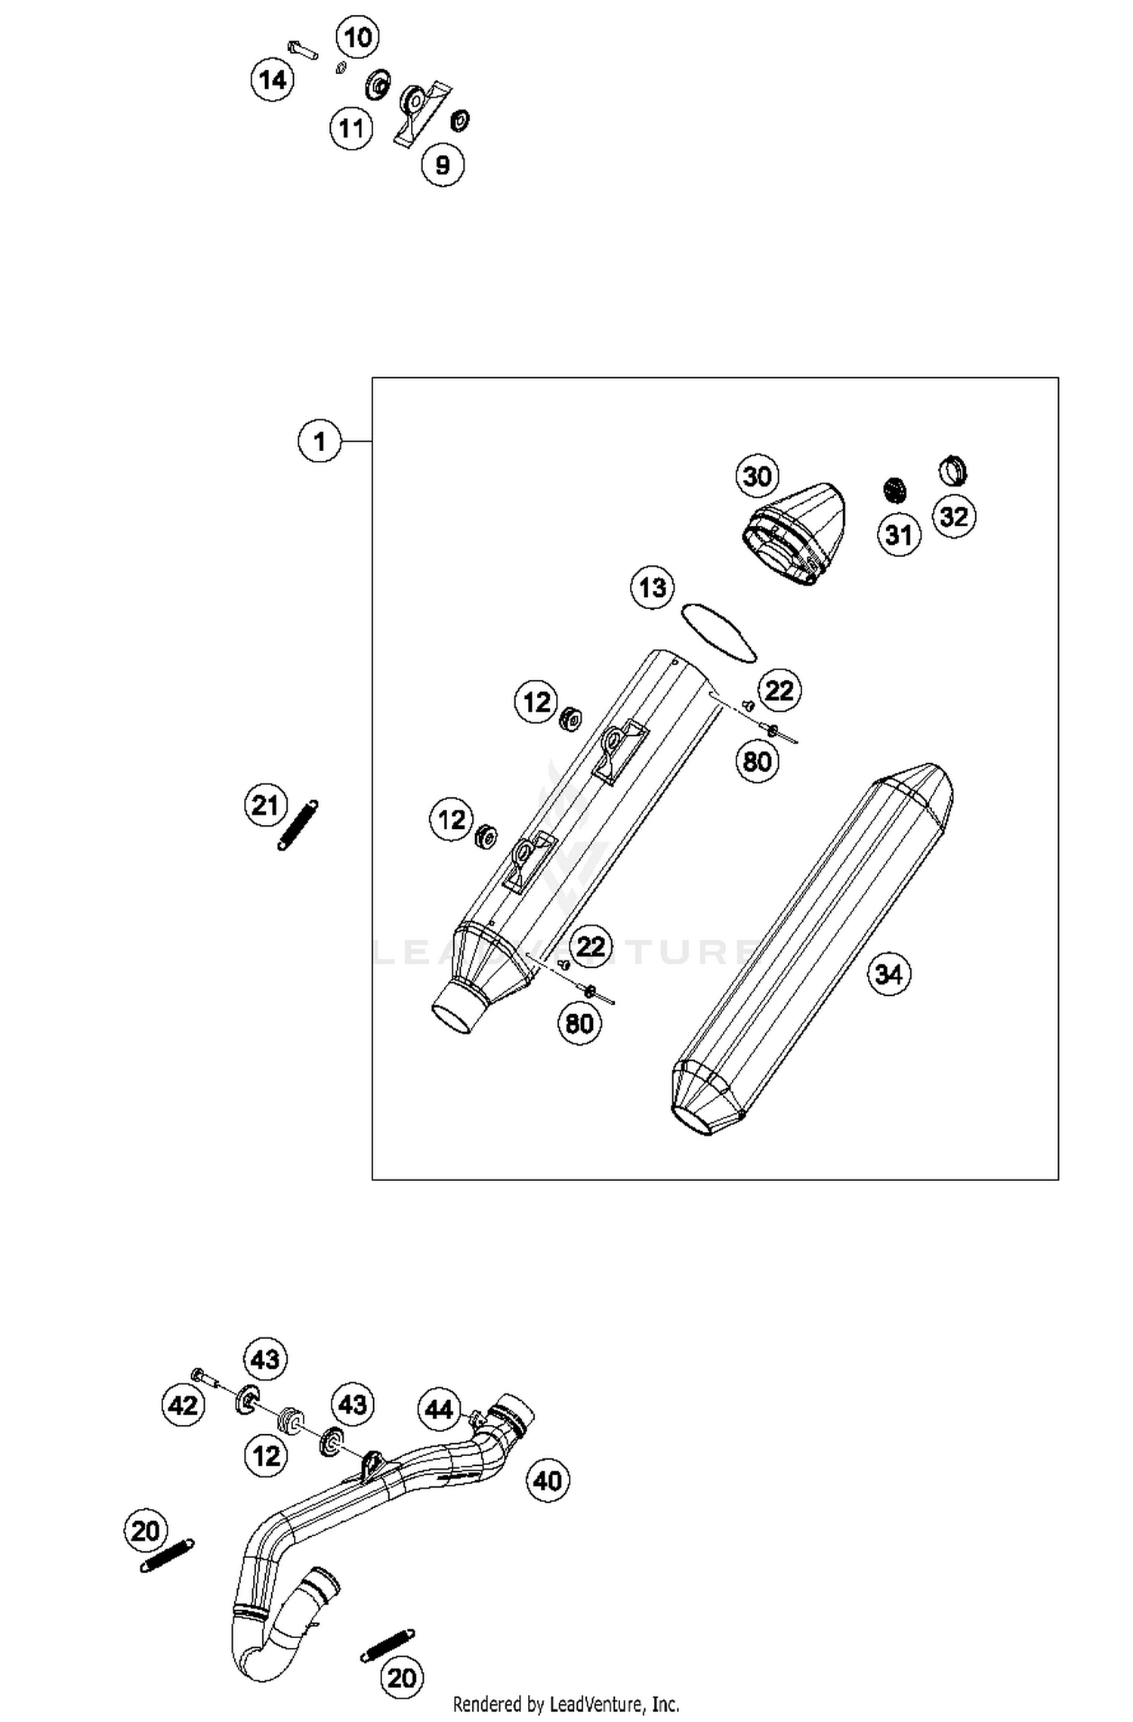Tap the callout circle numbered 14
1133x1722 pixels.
[273, 79]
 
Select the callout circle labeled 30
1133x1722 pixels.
[757, 476]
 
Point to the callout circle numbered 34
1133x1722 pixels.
[888, 974]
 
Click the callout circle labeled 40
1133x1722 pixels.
[548, 1480]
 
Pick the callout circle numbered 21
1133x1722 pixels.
[265, 805]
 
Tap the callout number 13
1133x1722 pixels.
[653, 587]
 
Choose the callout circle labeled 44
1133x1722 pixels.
[439, 1409]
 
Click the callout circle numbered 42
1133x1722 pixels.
[184, 1405]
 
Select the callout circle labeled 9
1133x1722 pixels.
[443, 164]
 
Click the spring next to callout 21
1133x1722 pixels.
[298, 825]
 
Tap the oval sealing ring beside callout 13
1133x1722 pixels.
[718, 633]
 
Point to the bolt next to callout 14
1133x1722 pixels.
[303, 51]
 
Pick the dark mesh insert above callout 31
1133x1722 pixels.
[896, 490]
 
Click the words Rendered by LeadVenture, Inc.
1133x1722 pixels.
[566, 1705]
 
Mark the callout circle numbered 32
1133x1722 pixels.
[954, 517]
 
